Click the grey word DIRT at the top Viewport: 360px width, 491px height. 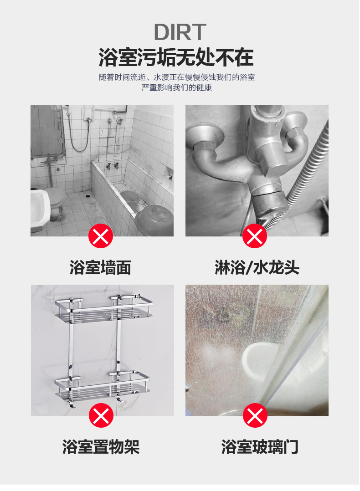pos(180,31)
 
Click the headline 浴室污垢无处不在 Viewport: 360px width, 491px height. pos(176,57)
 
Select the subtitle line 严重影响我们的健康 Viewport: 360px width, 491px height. pos(176,87)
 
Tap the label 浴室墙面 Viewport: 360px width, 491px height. pos(100,268)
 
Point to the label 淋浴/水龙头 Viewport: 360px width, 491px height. pos(257,268)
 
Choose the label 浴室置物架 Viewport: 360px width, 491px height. pos(101,447)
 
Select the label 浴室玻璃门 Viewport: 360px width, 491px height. pos(260,447)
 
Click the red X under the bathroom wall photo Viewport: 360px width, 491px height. pos(101,236)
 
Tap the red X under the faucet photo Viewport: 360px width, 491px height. pos(254,236)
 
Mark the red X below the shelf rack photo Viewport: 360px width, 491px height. pos(101,415)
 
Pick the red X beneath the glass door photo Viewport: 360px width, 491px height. pos(255,415)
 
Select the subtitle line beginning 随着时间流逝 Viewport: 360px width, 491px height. pos(177,77)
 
